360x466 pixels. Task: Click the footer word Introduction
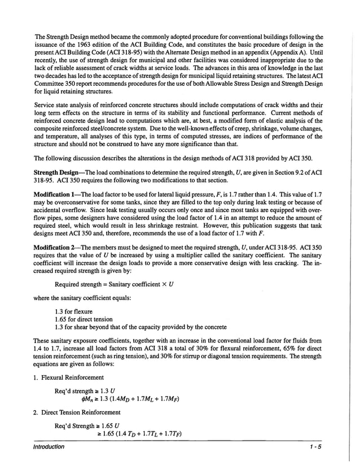pyautogui.click(x=49, y=447)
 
